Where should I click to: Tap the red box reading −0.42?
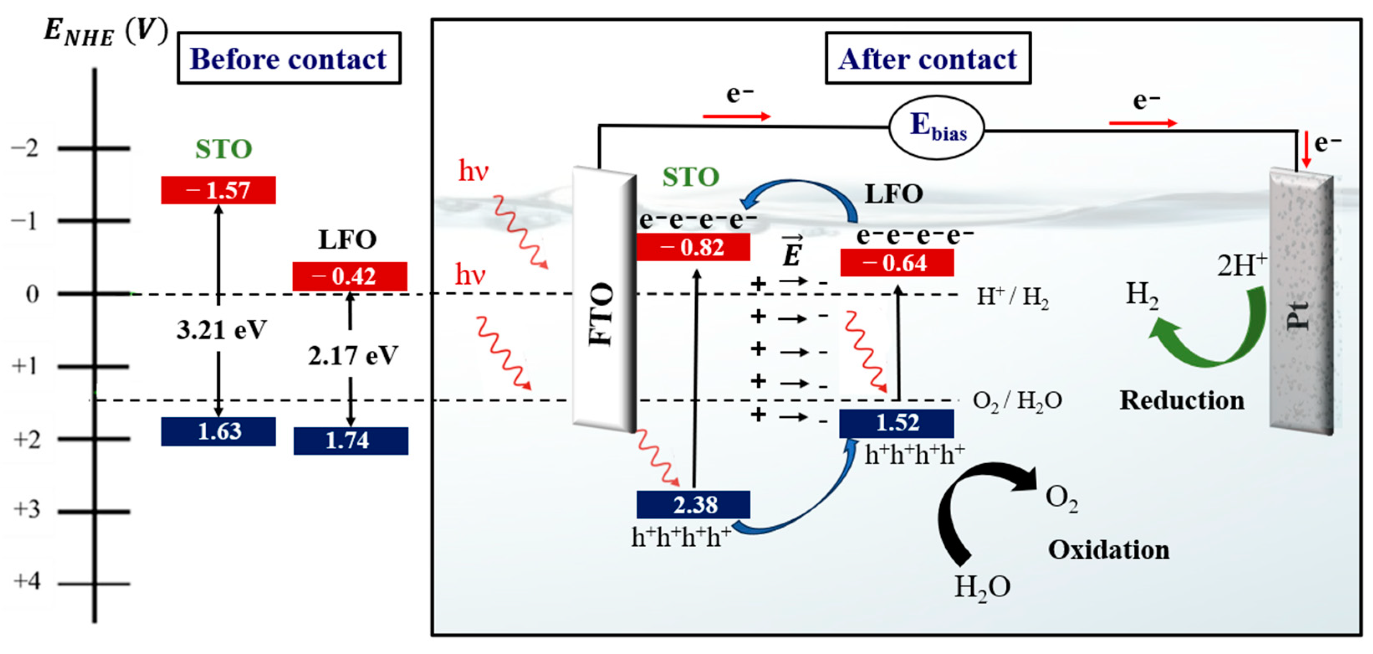tap(350, 276)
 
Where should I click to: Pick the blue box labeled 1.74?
tap(350, 441)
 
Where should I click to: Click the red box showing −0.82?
tap(693, 247)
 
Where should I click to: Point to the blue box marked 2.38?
tap(693, 504)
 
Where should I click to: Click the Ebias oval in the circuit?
tap(937, 128)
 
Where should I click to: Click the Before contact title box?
tap(288, 58)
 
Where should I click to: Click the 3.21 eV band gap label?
tap(221, 330)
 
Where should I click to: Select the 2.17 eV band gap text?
tap(352, 355)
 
